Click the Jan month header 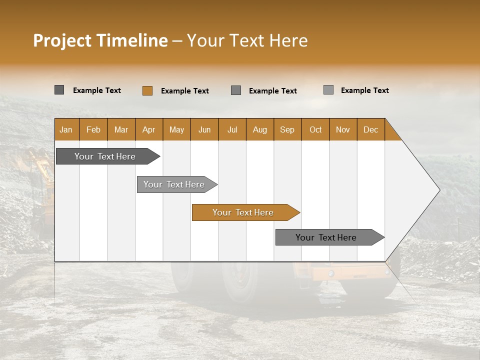point(66,129)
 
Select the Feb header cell point(93,129)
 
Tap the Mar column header point(121,129)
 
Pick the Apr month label point(149,129)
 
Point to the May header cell point(176,129)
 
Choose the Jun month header point(204,129)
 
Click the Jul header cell point(232,129)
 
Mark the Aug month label point(260,129)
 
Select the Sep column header point(287,129)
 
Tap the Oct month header point(315,129)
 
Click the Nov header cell point(343,129)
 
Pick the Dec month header point(371,129)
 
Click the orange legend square point(147,90)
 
